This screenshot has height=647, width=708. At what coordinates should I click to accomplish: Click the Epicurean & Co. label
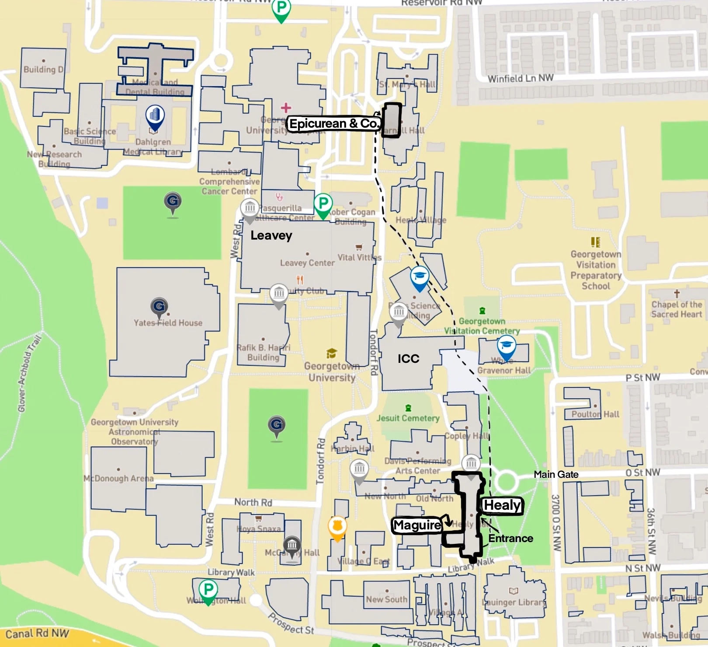334,124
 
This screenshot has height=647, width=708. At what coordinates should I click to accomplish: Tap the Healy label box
502,505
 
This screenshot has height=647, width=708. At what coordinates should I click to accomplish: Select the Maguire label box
417,525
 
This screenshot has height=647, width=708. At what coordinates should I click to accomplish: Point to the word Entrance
510,538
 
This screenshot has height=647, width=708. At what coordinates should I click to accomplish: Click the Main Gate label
556,474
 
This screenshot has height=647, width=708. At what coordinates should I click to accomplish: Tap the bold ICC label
408,359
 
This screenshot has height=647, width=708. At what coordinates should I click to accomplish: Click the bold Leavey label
271,236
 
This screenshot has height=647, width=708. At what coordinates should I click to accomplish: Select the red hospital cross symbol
286,107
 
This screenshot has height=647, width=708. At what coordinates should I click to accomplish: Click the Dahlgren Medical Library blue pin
155,116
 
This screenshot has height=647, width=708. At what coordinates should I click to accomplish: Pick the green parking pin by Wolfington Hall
208,591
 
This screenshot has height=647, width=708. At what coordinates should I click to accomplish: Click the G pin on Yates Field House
159,306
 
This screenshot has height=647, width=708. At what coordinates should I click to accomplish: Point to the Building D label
43,70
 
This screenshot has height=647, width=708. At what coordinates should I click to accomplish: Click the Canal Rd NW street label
37,633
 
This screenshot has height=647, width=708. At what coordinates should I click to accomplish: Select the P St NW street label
643,377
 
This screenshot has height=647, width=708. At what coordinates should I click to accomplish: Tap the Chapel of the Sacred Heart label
677,309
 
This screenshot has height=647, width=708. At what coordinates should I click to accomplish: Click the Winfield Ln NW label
521,78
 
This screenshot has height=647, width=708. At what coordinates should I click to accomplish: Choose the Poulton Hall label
595,414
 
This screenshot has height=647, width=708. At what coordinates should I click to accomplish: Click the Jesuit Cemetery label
408,418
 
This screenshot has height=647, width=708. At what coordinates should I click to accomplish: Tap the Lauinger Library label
514,602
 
